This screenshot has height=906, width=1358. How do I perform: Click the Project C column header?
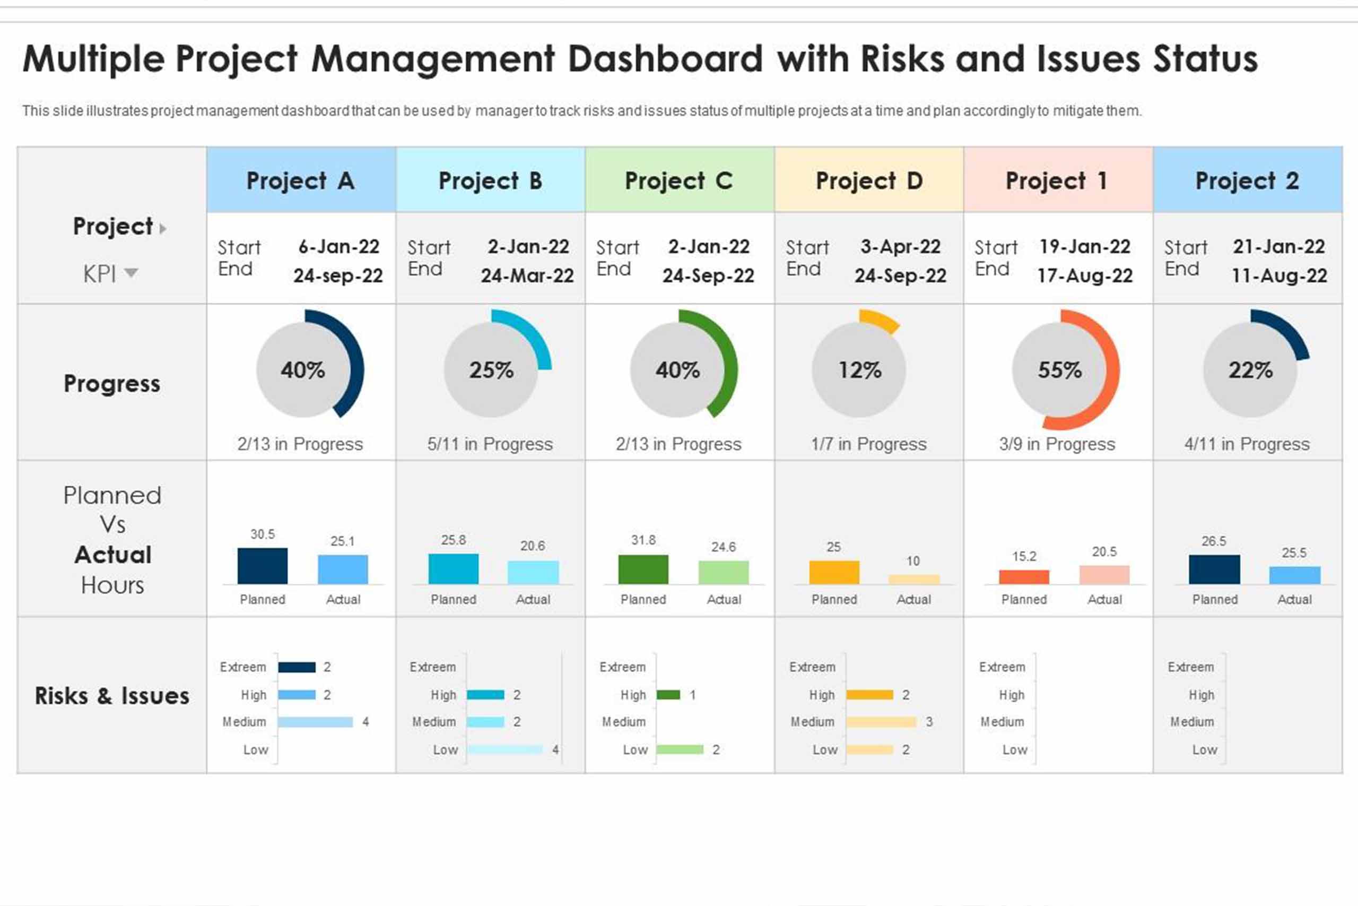pyautogui.click(x=679, y=181)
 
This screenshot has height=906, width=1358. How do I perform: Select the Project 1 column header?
pyautogui.click(x=1058, y=181)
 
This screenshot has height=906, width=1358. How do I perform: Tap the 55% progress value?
pyautogui.click(x=1059, y=370)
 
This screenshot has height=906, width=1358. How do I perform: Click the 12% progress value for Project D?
pyautogui.click(x=860, y=370)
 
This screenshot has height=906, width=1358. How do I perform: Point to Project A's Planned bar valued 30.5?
pyautogui.click(x=262, y=566)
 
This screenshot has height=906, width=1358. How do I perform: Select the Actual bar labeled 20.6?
pyautogui.click(x=533, y=572)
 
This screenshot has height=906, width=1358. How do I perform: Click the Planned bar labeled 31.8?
pyautogui.click(x=643, y=569)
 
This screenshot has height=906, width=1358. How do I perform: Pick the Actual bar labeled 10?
pyautogui.click(x=913, y=579)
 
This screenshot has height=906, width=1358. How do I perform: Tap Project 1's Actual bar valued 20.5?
pyautogui.click(x=1104, y=574)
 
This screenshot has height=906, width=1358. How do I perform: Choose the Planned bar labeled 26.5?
pyautogui.click(x=1214, y=569)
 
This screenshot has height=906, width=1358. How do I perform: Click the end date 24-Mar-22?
pyautogui.click(x=527, y=275)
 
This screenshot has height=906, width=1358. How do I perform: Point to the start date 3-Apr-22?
pyautogui.click(x=900, y=247)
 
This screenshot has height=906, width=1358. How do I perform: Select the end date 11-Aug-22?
pyautogui.click(x=1279, y=275)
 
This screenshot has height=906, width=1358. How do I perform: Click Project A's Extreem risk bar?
pyautogui.click(x=297, y=667)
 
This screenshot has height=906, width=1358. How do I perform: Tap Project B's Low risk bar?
pyautogui.click(x=504, y=749)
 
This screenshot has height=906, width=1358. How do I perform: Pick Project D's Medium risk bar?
pyautogui.click(x=881, y=722)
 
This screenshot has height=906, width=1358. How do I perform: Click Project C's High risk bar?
pyautogui.click(x=668, y=695)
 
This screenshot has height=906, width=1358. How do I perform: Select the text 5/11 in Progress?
pyautogui.click(x=490, y=444)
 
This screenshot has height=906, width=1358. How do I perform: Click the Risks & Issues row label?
pyautogui.click(x=112, y=696)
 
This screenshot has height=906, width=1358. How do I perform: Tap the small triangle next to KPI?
pyautogui.click(x=131, y=272)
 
